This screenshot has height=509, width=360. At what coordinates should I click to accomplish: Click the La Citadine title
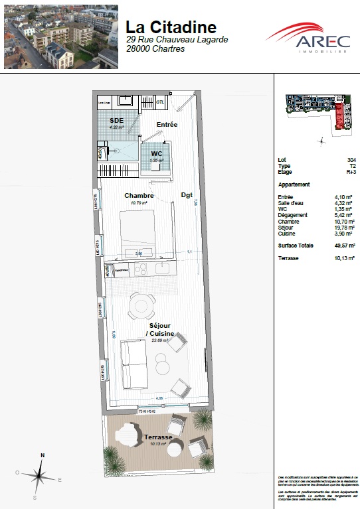(x=171, y=27)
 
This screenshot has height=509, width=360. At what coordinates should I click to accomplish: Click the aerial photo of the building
(x=61, y=36)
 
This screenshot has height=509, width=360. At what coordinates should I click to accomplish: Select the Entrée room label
(x=167, y=125)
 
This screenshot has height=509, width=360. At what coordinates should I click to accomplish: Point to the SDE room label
(x=117, y=121)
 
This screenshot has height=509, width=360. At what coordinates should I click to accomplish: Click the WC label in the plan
(x=157, y=153)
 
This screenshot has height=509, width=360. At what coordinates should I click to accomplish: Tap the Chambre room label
(x=139, y=196)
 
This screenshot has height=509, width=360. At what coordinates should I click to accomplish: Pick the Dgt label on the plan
(x=187, y=196)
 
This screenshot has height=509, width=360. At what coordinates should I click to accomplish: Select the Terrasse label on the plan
(x=158, y=437)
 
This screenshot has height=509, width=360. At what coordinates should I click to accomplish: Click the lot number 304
(x=351, y=160)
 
